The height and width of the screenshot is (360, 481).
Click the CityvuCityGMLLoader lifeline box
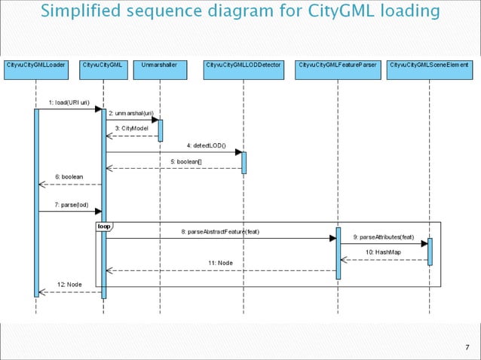coord(35,66)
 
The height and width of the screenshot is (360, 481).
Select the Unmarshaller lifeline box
coord(160,66)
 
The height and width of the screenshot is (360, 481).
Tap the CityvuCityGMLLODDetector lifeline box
coord(244,66)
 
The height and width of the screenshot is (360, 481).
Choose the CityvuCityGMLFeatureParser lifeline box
coord(338,66)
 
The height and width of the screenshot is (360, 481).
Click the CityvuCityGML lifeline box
coord(103,66)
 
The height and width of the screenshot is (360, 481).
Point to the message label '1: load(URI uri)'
coord(69,102)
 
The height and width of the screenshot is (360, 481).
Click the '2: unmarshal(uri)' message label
coord(131,112)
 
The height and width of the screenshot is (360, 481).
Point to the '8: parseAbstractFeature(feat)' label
coord(220,231)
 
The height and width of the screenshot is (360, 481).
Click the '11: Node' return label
coord(220,262)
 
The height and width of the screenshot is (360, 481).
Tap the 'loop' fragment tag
coord(103,226)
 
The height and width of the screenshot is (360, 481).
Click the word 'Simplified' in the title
coord(79,11)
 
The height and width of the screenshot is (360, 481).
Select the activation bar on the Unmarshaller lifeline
coord(160,129)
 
